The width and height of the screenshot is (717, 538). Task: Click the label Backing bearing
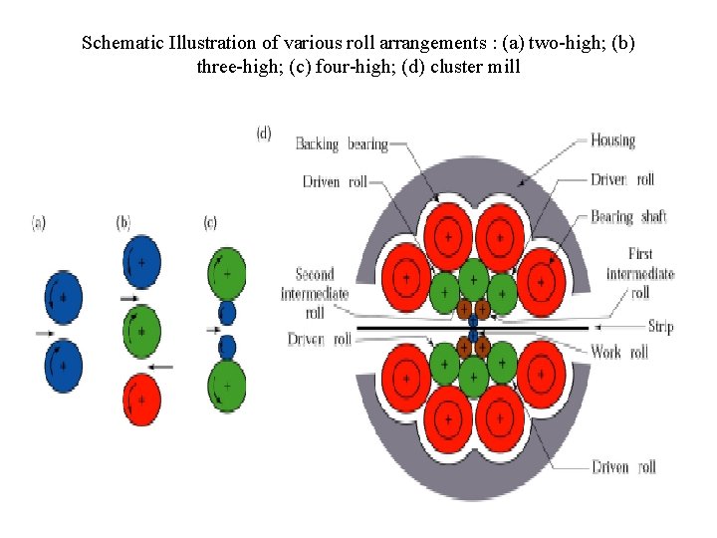[x=342, y=144]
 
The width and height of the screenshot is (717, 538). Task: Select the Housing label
[x=612, y=140]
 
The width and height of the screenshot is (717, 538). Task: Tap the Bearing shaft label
[x=628, y=216]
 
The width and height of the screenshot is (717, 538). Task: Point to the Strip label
[x=660, y=327]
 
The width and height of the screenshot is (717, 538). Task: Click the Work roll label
[x=619, y=352]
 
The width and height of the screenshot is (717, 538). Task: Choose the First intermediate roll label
[x=640, y=273]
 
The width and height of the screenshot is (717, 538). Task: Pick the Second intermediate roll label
[x=315, y=293]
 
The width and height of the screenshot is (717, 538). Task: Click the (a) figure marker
[x=38, y=224]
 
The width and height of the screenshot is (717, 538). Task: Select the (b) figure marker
[x=122, y=224]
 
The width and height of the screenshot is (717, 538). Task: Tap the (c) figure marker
[x=209, y=224]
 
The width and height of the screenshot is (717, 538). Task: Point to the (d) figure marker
[x=264, y=134]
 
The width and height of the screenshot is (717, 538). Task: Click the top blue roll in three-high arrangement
[x=141, y=263]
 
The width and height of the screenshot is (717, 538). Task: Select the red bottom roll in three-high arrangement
[x=141, y=399]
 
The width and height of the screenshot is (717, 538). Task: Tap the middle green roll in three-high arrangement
[x=141, y=331]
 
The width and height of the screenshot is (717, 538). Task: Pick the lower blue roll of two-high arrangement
[x=63, y=366]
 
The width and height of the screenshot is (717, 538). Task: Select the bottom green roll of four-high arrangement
[x=226, y=385]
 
